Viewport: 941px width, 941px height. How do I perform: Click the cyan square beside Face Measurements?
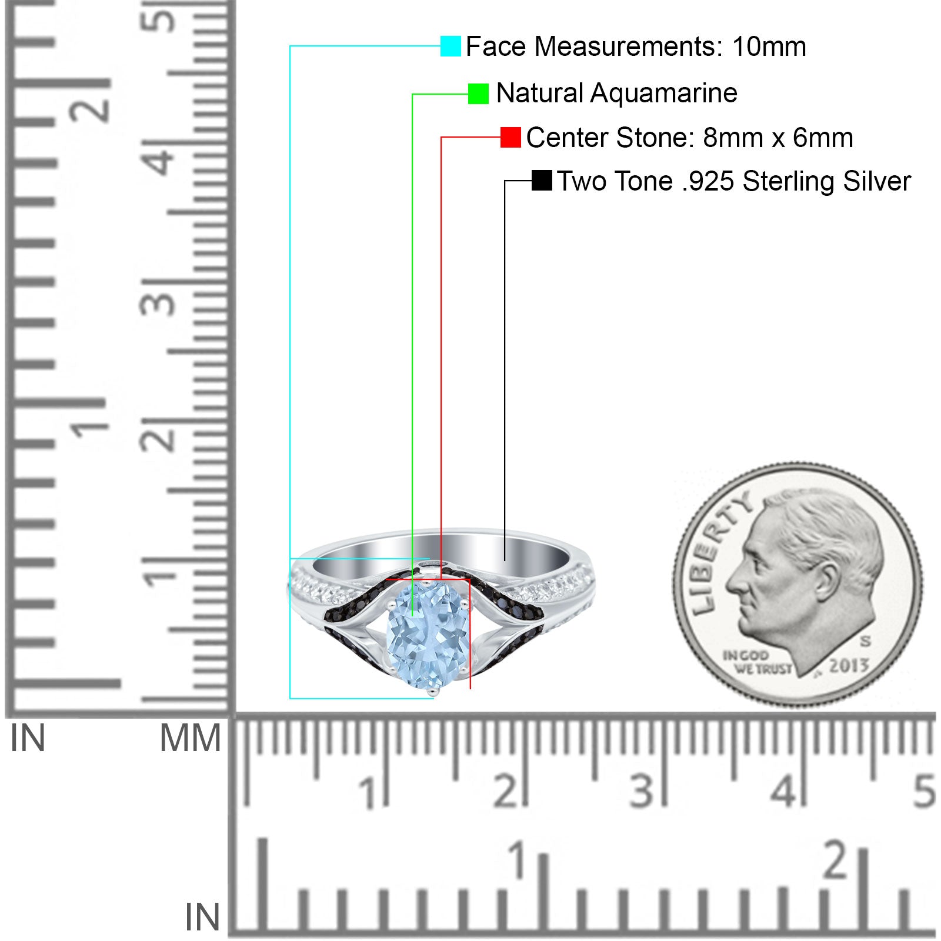(451, 46)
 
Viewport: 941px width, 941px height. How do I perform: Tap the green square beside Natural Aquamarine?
(478, 94)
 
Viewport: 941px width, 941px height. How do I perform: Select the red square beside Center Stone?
(510, 138)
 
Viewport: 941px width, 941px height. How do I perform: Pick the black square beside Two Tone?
(542, 181)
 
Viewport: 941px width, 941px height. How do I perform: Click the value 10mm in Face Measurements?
(769, 46)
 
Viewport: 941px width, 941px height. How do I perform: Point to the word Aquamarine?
(663, 93)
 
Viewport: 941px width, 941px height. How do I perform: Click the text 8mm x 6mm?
(778, 138)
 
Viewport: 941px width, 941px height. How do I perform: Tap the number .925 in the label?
(708, 181)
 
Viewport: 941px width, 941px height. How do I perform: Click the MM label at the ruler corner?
(191, 738)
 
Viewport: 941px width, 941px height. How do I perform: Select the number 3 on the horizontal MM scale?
(642, 791)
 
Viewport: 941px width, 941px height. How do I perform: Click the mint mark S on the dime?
(865, 640)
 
